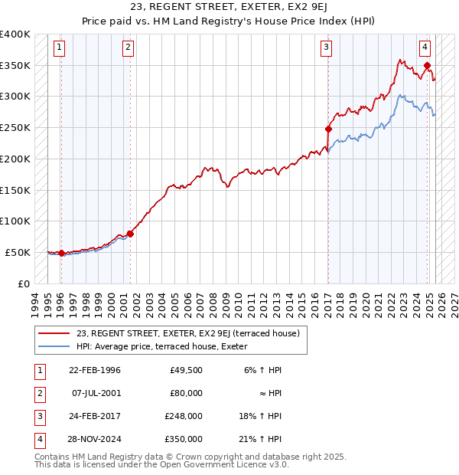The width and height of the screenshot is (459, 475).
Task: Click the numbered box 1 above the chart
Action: (x=60, y=47)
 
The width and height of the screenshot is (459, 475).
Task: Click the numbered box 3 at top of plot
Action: (x=326, y=47)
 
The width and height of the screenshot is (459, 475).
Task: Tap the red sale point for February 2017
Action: (x=328, y=129)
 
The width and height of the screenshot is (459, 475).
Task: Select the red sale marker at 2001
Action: (x=130, y=234)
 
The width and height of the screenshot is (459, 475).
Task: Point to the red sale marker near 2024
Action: (x=427, y=66)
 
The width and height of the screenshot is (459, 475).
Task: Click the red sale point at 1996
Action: (x=61, y=253)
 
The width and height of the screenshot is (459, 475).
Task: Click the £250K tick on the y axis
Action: (x=15, y=127)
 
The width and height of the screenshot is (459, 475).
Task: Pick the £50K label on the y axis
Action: (x=18, y=252)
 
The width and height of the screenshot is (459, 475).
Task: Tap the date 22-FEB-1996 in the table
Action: (x=94, y=370)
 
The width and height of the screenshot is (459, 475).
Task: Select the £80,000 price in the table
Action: (x=186, y=393)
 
